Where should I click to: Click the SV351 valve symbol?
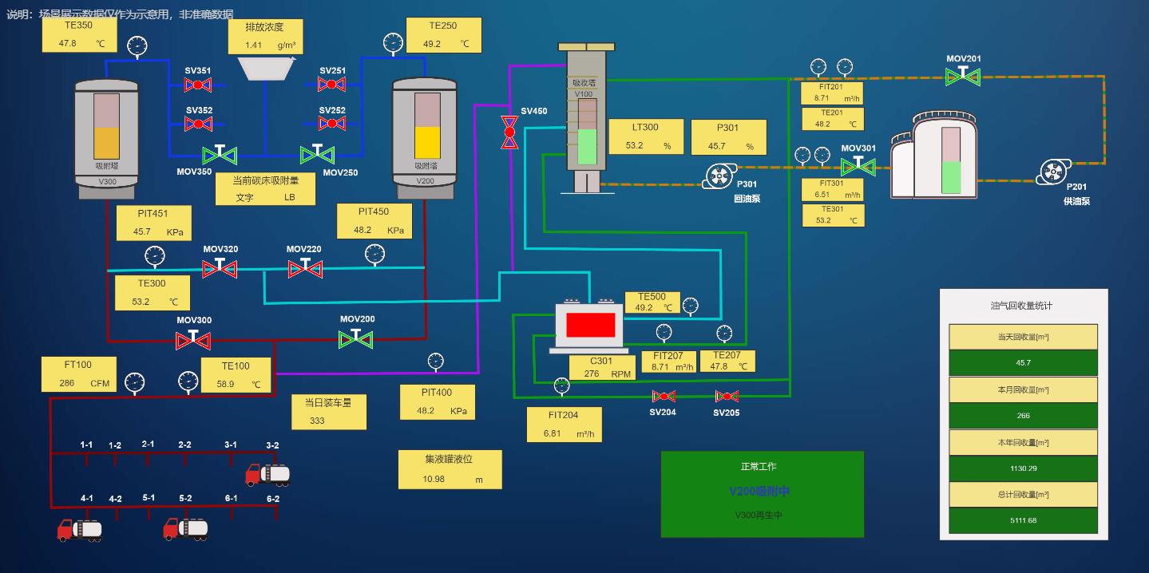[198, 85]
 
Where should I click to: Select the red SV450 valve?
[509, 132]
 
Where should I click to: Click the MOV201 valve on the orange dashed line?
[963, 77]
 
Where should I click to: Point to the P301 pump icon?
[719, 176]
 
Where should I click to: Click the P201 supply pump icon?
[1054, 172]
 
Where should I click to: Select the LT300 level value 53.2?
[635, 146]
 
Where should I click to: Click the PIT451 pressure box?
[153, 223]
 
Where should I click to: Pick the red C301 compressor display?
[590, 325]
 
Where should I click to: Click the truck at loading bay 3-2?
[267, 474]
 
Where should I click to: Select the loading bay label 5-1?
[149, 498]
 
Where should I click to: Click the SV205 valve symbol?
[727, 397]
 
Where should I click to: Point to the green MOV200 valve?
[357, 339]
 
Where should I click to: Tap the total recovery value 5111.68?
[1023, 520]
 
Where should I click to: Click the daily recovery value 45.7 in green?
[1023, 362]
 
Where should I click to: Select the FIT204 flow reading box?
[564, 425]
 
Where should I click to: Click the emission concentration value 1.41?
[254, 45]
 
